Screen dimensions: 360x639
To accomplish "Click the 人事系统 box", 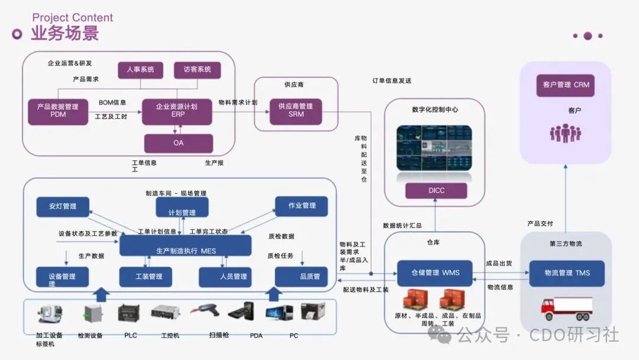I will [x=140, y=70].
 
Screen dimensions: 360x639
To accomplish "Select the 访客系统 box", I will [x=197, y=70].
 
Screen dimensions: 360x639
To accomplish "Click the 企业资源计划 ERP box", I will [x=176, y=111].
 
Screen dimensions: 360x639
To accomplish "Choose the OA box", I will [x=178, y=143].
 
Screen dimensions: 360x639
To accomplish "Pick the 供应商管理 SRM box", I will [x=296, y=111].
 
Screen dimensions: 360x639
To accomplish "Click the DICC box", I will [x=436, y=191].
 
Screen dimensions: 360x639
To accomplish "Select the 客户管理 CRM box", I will [x=565, y=85].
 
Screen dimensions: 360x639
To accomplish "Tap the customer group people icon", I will [x=565, y=133].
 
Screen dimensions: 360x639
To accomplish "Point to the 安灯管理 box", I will [x=63, y=206].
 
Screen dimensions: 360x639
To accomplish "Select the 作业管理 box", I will [x=301, y=205].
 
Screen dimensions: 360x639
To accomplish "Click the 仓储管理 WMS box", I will [x=435, y=273].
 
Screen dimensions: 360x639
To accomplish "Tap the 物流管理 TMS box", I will [x=566, y=273].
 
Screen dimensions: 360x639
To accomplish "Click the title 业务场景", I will [x=64, y=33].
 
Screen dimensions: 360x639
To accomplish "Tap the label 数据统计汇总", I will [x=402, y=226].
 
